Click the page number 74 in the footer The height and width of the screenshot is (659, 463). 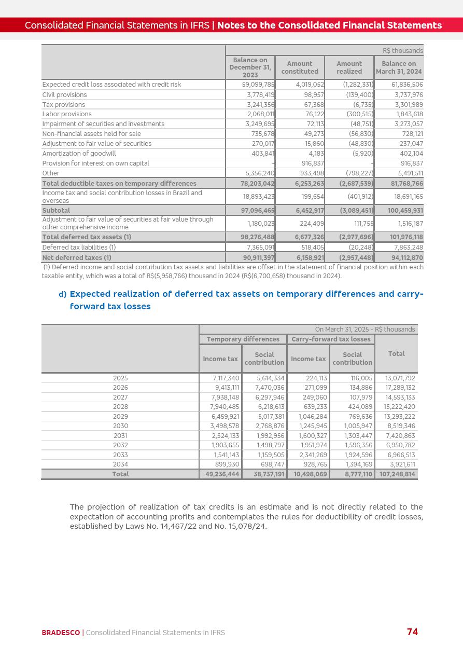[412, 631]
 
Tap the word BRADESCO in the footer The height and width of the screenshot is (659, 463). [61, 633]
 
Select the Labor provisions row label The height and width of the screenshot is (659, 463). [67, 114]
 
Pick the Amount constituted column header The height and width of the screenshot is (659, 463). [300, 67]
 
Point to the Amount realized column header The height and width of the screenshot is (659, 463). [349, 67]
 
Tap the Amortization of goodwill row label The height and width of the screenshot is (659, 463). [79, 154]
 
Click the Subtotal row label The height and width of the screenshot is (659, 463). [56, 211]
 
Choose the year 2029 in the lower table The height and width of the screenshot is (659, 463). [120, 417]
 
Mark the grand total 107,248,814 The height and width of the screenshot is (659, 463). [397, 474]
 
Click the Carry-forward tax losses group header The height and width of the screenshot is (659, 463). [331, 339]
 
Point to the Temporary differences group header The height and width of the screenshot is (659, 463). [243, 339]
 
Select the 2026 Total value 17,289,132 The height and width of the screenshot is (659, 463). [400, 388]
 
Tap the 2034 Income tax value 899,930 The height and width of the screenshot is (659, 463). [227, 464]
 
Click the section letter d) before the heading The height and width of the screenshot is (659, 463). [62, 294]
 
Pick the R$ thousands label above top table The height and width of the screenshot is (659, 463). [403, 51]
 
